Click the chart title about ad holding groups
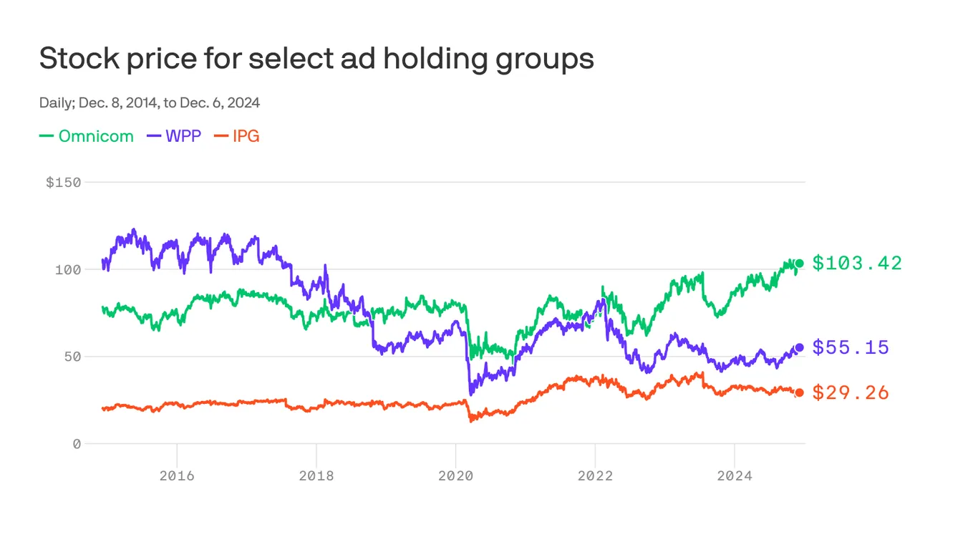point(316,59)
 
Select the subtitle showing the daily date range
point(149,103)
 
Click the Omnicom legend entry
point(87,136)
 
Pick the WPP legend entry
point(175,136)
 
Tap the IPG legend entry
point(237,136)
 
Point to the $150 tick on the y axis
point(64,183)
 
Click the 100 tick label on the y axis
point(69,270)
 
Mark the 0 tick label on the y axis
point(77,444)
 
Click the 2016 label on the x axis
point(177,476)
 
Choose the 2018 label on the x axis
point(316,476)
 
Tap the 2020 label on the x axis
point(455,476)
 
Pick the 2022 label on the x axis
point(595,476)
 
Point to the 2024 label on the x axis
point(734,476)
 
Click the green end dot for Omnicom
point(800,264)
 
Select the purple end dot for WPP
point(800,347)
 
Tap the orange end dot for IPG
point(800,392)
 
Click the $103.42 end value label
point(857,264)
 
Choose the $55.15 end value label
point(851,348)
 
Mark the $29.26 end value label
point(851,393)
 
